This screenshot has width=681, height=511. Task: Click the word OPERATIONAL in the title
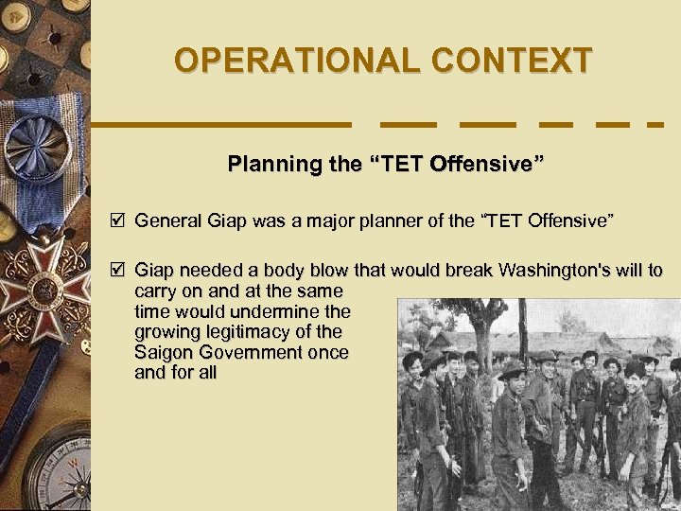pyautogui.click(x=297, y=61)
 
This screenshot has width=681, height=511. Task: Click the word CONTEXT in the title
pyautogui.click(x=512, y=61)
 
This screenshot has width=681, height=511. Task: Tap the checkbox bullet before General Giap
pyautogui.click(x=117, y=220)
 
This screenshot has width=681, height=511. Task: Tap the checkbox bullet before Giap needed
pyautogui.click(x=117, y=270)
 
